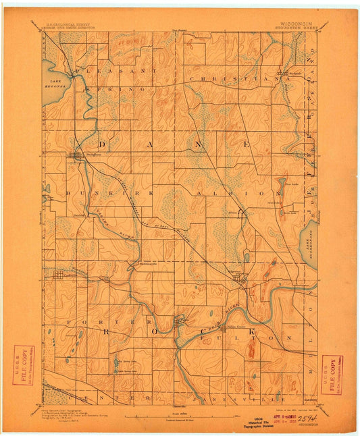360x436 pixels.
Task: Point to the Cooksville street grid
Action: tap(57, 275)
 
